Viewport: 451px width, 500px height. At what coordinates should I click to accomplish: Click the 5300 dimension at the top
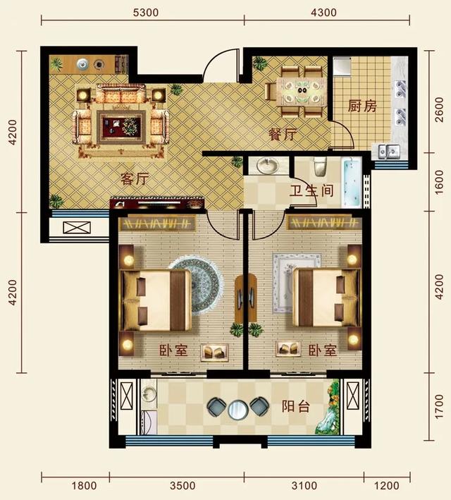[x=146, y=13]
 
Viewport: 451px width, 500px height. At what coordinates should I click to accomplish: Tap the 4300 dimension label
[x=323, y=13]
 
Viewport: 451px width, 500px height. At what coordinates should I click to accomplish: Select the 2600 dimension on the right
[x=439, y=110]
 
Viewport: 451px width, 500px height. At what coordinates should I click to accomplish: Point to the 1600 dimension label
[x=439, y=182]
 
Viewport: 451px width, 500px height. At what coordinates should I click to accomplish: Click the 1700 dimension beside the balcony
[x=439, y=407]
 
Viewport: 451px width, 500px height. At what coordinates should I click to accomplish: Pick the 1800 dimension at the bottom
[x=84, y=486]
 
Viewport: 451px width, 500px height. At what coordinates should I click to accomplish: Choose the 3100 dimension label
[x=304, y=486]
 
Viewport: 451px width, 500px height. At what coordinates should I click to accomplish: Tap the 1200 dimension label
[x=387, y=486]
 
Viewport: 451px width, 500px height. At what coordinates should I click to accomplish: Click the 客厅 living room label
[x=135, y=178]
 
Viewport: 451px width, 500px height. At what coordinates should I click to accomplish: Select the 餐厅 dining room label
[x=283, y=134]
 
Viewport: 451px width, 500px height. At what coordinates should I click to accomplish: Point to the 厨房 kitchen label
[x=362, y=106]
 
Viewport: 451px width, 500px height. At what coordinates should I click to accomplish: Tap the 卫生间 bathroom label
[x=311, y=191]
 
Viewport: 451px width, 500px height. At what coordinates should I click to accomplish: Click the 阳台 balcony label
[x=296, y=407]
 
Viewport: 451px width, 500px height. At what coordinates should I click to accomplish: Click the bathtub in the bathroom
[x=352, y=183]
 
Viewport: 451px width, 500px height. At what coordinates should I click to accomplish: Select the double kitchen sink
[x=389, y=151]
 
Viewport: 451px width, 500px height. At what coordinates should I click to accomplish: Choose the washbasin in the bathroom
[x=268, y=166]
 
